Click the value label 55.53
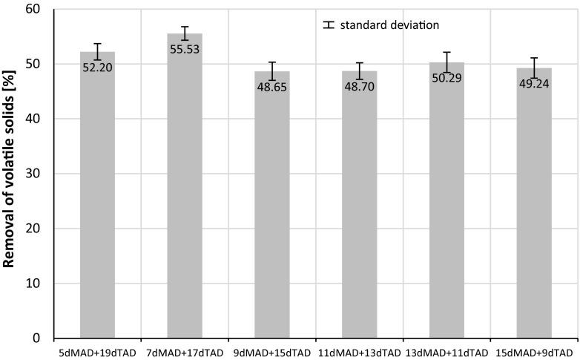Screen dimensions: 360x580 185,49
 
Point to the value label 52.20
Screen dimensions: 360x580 97,67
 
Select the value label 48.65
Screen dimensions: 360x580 272,86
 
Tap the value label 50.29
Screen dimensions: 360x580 447,77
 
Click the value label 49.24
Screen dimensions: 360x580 534,83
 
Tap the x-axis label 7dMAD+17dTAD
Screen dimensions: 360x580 185,352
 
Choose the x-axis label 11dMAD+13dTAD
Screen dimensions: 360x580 360,352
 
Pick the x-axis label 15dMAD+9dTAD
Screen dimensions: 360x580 534,352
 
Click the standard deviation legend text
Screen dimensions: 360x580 390,24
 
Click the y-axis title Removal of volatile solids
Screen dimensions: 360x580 13,174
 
